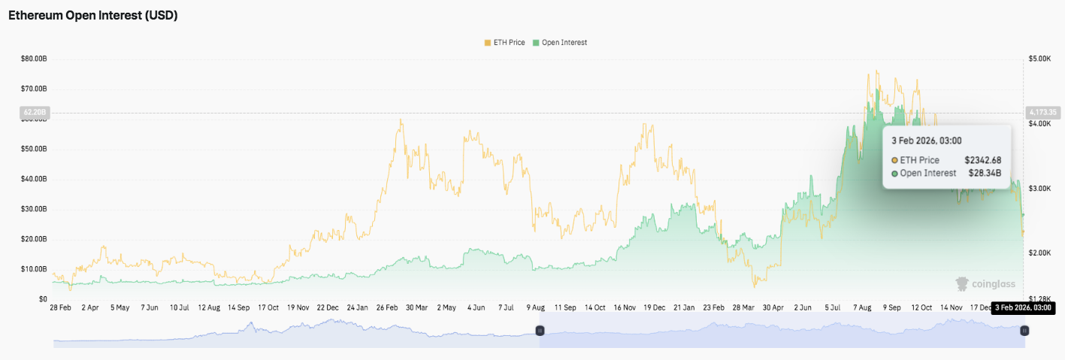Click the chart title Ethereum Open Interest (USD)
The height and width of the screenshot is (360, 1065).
[x=93, y=15]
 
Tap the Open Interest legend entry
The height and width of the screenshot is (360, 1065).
[x=560, y=43]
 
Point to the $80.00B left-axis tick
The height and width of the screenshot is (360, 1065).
[x=35, y=58]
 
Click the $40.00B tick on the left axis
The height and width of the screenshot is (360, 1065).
[x=35, y=179]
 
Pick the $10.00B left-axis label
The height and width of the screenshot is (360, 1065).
[x=35, y=269]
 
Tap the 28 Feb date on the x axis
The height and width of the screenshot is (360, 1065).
[x=60, y=308]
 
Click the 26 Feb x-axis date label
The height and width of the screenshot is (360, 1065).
[x=387, y=308]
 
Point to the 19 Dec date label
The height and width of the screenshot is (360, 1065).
[x=654, y=308]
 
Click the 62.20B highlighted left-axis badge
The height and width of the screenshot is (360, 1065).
[x=35, y=113]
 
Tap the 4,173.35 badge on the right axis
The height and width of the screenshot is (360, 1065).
[x=1042, y=113]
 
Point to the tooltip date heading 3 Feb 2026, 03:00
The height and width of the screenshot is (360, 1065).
[x=927, y=141]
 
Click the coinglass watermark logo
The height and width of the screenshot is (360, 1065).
[x=985, y=284]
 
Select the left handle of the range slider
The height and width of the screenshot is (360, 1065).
[x=539, y=331]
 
